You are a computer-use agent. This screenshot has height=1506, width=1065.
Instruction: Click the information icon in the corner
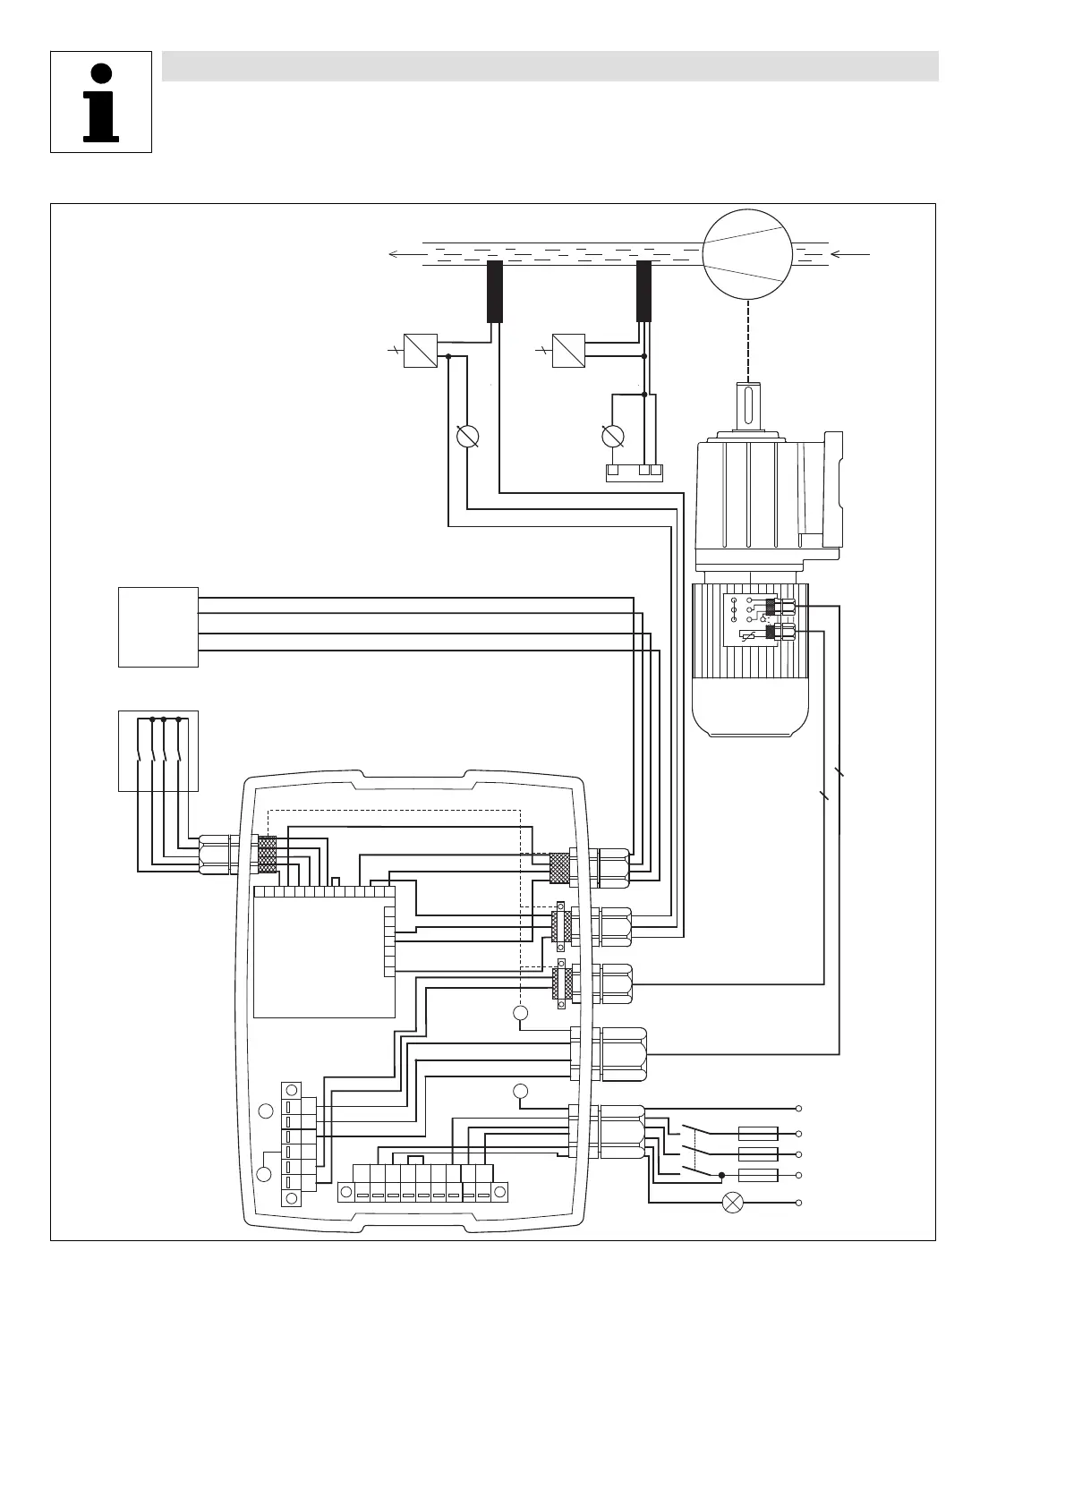point(101,102)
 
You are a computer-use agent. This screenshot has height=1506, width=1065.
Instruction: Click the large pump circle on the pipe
point(747,253)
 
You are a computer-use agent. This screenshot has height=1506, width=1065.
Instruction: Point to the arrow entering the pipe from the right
point(855,254)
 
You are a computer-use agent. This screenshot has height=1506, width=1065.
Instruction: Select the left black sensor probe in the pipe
point(495,291)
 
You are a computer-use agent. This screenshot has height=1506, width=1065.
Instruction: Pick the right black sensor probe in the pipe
point(644,291)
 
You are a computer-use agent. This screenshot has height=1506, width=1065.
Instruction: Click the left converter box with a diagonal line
point(421,351)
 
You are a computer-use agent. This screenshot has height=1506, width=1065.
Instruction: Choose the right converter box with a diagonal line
point(568,351)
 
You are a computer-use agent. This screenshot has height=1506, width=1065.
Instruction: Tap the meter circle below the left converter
point(467,437)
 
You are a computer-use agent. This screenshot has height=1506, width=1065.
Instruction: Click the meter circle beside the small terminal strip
point(613,437)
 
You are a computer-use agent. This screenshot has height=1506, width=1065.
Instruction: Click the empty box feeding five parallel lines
point(158,626)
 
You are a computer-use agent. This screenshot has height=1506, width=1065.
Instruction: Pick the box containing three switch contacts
point(158,751)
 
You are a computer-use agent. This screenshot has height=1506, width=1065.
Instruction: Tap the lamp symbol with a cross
point(733,1203)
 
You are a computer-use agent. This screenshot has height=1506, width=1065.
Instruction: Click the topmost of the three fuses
point(758,1134)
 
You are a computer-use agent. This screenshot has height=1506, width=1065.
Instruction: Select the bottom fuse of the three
point(758,1175)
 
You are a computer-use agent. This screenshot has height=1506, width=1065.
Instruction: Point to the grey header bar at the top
point(550,66)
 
